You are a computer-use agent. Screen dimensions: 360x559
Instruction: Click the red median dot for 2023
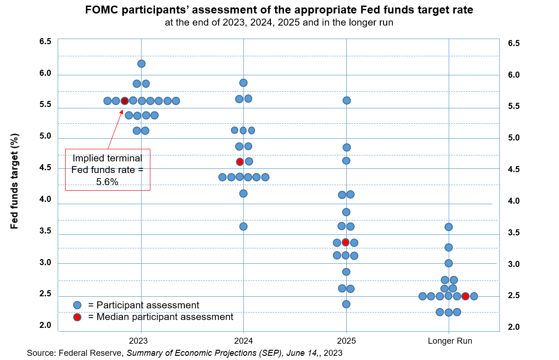tap(124, 101)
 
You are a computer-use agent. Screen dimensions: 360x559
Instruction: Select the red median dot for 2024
tap(240, 162)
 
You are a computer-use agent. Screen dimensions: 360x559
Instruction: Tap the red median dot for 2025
tap(345, 242)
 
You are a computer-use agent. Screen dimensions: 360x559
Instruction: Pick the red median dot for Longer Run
tap(465, 296)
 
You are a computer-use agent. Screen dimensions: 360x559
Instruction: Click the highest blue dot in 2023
tap(141, 64)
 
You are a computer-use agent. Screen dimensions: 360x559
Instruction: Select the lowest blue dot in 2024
tap(243, 227)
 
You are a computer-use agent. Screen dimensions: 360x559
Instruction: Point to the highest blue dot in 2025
tap(346, 100)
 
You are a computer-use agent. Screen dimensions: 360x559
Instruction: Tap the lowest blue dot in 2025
tap(346, 304)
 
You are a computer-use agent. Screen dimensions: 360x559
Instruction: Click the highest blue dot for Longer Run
tap(448, 227)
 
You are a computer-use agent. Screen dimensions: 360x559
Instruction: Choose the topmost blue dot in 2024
tap(243, 83)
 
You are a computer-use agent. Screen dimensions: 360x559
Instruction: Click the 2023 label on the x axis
tap(139, 341)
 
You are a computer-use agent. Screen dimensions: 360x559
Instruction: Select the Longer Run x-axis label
tap(450, 341)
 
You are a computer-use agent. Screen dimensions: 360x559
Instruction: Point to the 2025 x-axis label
tap(346, 341)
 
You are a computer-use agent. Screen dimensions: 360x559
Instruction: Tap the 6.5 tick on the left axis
tap(45, 42)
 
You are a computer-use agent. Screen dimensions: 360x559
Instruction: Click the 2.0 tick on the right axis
tap(513, 327)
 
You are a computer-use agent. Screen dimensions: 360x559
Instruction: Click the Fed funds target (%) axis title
tap(14, 181)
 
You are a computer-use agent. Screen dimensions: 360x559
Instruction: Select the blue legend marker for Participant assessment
tap(77, 305)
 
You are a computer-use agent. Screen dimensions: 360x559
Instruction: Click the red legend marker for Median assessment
tap(77, 317)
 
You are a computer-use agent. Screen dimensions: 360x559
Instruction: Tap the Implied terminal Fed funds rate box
tap(108, 170)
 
